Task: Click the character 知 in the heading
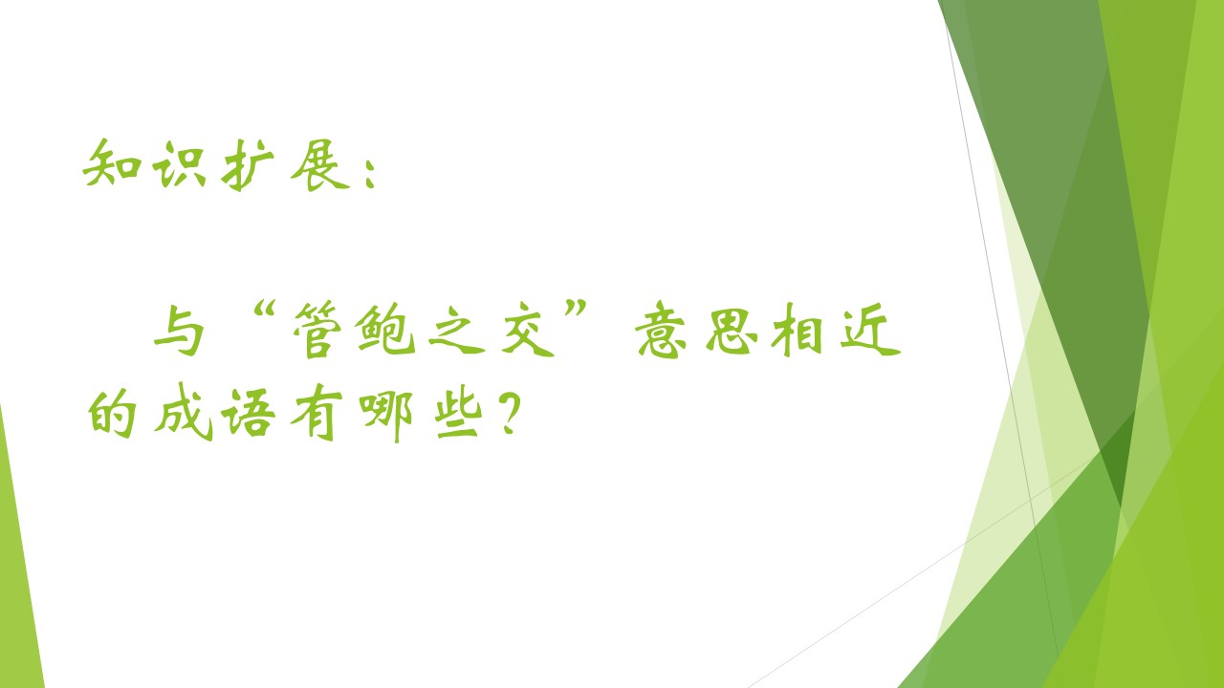click(x=113, y=163)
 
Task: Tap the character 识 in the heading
click(x=179, y=164)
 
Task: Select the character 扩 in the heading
click(x=248, y=165)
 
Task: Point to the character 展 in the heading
click(x=319, y=165)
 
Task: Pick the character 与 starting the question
click(x=179, y=330)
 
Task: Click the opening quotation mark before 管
click(x=265, y=311)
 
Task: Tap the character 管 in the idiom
click(x=317, y=330)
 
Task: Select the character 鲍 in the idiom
click(x=385, y=330)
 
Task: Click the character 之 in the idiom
click(x=457, y=330)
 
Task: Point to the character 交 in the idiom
click(x=527, y=331)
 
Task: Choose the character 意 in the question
click(x=661, y=330)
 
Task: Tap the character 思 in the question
click(x=732, y=331)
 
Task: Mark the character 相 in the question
click(x=798, y=331)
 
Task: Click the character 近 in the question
click(x=870, y=330)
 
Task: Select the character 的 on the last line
click(x=113, y=414)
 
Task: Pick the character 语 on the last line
click(x=248, y=414)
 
